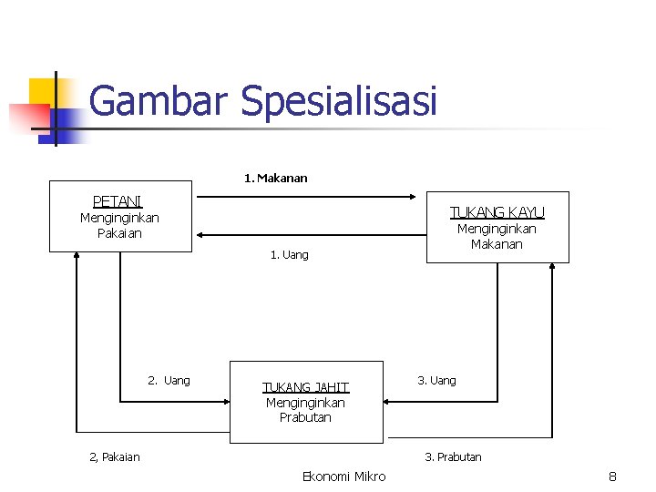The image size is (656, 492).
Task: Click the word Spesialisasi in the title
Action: click(x=339, y=101)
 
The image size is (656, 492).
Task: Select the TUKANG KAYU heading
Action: click(x=497, y=212)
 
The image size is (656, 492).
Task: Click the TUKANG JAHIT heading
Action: click(x=305, y=387)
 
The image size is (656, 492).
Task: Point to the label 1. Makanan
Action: click(x=275, y=179)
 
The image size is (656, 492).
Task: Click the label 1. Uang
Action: click(x=289, y=255)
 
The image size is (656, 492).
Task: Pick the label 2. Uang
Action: click(x=169, y=381)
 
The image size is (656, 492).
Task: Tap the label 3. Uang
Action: click(x=436, y=381)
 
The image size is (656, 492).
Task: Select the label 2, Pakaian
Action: click(x=114, y=457)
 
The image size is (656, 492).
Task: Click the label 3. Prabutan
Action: click(x=453, y=457)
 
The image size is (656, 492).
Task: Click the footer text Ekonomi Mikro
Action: click(x=343, y=477)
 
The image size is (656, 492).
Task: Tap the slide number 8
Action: click(x=613, y=477)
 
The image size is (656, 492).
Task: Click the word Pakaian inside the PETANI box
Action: click(x=119, y=233)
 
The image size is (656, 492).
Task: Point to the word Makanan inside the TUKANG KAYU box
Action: click(x=497, y=244)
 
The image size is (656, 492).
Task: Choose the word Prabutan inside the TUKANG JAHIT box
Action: click(x=305, y=418)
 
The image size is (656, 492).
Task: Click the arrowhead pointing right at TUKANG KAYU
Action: click(x=420, y=195)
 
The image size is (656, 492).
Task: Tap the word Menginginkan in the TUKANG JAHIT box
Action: click(x=305, y=403)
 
